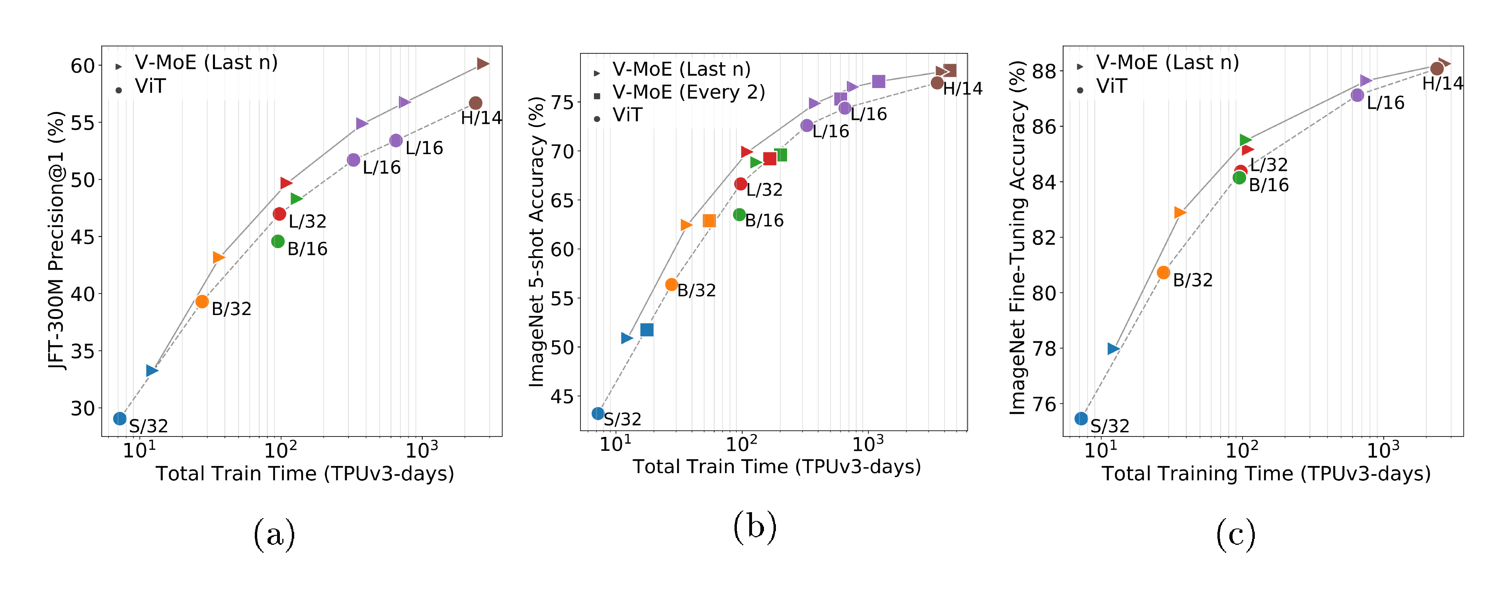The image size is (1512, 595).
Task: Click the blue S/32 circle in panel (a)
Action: click(120, 418)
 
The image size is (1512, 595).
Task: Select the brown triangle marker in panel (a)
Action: click(483, 63)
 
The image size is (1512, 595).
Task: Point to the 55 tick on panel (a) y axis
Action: click(82, 123)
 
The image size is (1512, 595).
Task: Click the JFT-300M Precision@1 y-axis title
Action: click(57, 241)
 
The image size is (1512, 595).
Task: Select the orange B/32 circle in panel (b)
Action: click(672, 284)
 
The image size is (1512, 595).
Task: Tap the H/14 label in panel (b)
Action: click(963, 89)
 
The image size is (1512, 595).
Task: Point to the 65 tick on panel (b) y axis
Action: click(562, 200)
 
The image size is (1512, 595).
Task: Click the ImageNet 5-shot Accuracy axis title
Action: click(537, 241)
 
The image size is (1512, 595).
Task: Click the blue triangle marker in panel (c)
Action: click(1113, 348)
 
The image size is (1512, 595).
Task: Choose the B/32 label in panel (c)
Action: click(1192, 280)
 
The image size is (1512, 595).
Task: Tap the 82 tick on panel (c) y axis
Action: click(1043, 237)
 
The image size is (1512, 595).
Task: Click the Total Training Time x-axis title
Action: click(1266, 474)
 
